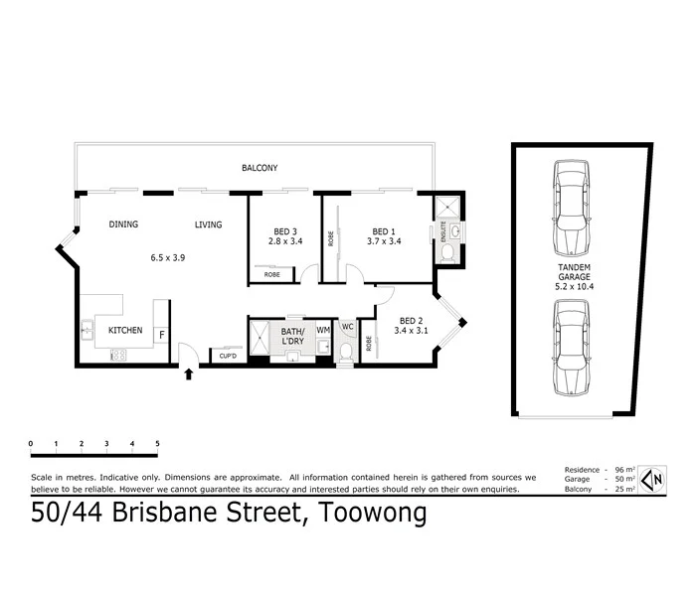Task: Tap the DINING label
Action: click(x=123, y=224)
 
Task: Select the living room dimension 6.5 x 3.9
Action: click(x=167, y=257)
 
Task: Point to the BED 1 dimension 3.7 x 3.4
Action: click(x=384, y=240)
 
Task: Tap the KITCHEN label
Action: click(x=125, y=330)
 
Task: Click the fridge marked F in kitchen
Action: click(x=161, y=333)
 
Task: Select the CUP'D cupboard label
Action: click(x=228, y=355)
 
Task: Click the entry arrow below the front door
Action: click(x=189, y=373)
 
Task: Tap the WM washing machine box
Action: click(x=322, y=330)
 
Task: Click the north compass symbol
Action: click(x=650, y=479)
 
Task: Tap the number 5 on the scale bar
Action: click(x=157, y=444)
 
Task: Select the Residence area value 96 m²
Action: click(x=623, y=470)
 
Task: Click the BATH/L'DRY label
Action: click(x=292, y=336)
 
